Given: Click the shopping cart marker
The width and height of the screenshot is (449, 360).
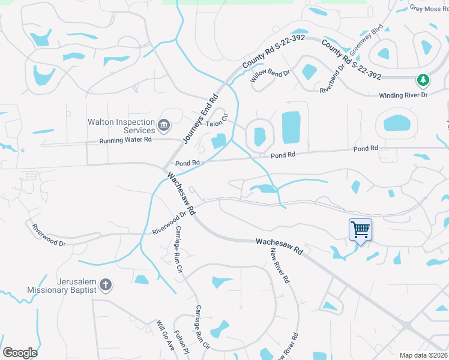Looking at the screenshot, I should pyautogui.click(x=360, y=229).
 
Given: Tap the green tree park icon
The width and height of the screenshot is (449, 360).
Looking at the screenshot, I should pyautogui.click(x=423, y=80).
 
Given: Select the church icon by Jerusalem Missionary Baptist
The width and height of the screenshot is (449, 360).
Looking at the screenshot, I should pyautogui.click(x=105, y=285).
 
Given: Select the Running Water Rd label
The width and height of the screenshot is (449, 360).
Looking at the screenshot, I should pyautogui.click(x=125, y=140).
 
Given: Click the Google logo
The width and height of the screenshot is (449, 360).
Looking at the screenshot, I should pyautogui.click(x=20, y=353).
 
